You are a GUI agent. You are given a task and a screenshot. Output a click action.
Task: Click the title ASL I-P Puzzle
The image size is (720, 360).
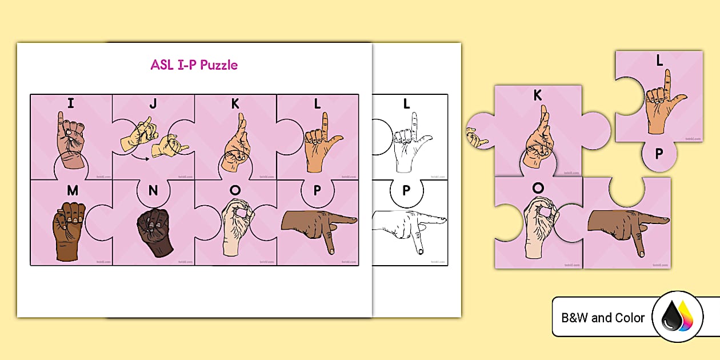click(194, 65)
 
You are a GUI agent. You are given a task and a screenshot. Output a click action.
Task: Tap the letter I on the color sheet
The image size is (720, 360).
click(70, 103)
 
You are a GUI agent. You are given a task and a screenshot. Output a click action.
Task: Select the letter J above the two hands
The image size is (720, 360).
click(153, 104)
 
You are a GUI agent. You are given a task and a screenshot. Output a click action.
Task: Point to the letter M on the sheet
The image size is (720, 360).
click(72, 191)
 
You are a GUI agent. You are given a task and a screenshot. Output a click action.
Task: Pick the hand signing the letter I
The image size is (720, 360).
click(70, 141)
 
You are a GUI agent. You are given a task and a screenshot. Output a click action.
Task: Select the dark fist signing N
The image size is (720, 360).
click(151, 231)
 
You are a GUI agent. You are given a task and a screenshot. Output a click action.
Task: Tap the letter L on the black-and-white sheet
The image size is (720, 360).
click(406, 104)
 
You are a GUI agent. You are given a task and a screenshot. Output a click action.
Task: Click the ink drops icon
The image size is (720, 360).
click(677, 317)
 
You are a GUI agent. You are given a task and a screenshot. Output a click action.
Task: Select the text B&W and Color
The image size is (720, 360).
click(603, 318)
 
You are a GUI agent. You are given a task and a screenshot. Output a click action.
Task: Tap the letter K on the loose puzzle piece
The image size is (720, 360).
click(537, 96)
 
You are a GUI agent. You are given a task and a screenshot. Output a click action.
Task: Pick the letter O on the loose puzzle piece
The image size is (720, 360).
click(537, 188)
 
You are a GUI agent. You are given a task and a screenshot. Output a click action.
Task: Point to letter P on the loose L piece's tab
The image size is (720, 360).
click(659, 154)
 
